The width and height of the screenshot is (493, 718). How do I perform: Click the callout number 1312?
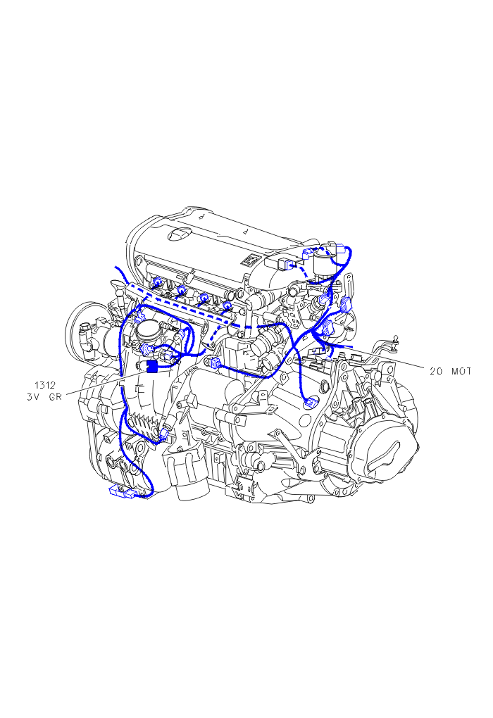[x=44, y=385]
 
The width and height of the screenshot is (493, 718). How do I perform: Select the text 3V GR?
[x=44, y=396]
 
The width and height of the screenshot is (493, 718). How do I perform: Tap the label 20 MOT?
[x=450, y=372]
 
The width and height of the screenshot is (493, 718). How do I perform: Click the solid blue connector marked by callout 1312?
[x=151, y=366]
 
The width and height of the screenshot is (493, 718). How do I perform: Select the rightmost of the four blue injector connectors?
[x=226, y=305]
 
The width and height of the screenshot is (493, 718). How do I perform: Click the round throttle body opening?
[x=149, y=328]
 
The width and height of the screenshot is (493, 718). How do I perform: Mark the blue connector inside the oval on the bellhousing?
[x=311, y=403]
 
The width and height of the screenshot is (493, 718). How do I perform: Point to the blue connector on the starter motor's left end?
[x=213, y=363]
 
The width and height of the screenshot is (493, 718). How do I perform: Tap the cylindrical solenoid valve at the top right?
[x=323, y=261]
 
